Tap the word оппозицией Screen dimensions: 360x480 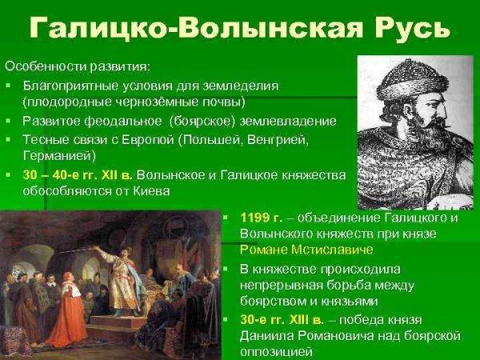point(273,351)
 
